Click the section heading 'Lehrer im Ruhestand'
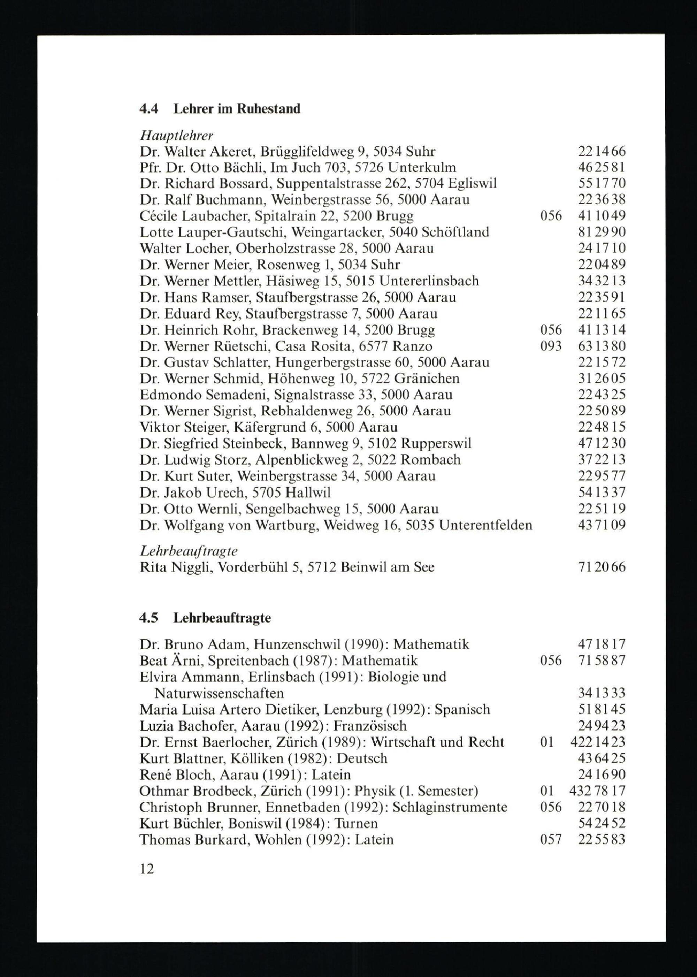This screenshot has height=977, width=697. (x=237, y=109)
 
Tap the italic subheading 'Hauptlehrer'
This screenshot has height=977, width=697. (x=176, y=136)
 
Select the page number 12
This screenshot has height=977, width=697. (x=147, y=869)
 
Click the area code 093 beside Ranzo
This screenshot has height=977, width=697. (x=551, y=346)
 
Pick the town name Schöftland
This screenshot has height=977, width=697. (x=455, y=232)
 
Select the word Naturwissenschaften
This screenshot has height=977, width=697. (x=219, y=693)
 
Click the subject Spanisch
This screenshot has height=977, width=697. (x=462, y=709)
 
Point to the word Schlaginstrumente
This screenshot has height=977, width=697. (x=450, y=807)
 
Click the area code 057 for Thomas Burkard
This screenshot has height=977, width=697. (x=551, y=840)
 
